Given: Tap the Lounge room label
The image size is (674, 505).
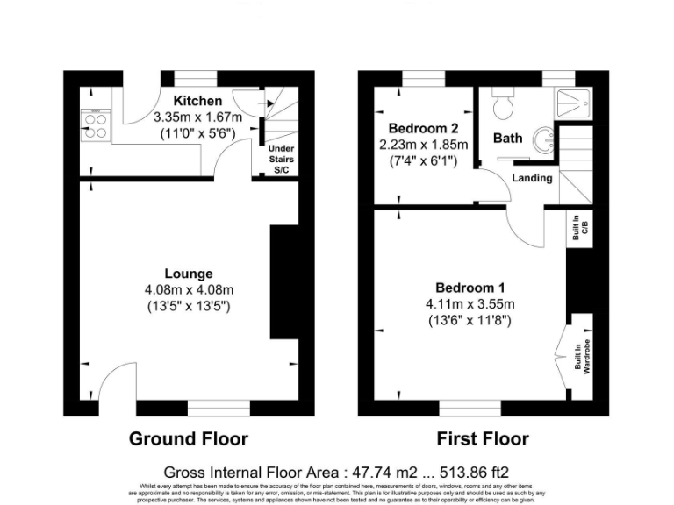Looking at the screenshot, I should click(188, 274).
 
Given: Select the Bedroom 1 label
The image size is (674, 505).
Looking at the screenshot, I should click(470, 288).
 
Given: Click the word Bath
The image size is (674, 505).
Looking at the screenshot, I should click(507, 138).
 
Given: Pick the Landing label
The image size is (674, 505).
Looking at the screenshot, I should click(532, 178).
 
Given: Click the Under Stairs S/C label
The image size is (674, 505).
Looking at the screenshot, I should click(281, 160).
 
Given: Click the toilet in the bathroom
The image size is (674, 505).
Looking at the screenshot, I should click(504, 105).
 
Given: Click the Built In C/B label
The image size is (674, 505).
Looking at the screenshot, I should click(577, 228).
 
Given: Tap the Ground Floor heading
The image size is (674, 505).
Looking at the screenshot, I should click(188, 438).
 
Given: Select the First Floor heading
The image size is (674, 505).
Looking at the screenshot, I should click(483, 438).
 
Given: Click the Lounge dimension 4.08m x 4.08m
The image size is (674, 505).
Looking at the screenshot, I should click(188, 289).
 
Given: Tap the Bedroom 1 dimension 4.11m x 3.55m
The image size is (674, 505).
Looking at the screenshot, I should click(470, 304).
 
